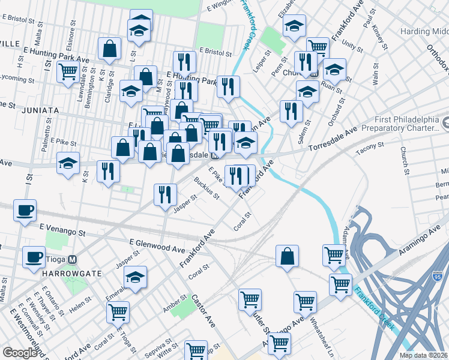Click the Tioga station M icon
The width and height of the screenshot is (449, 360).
click(72, 260)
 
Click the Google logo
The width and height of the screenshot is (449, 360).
click(20, 353)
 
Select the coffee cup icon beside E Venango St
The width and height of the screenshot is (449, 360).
click(25, 210)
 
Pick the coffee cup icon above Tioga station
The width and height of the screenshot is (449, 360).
click(34, 256)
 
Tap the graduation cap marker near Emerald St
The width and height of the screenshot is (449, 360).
click(134, 278)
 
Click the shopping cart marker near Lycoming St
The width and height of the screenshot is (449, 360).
click(68, 71)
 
